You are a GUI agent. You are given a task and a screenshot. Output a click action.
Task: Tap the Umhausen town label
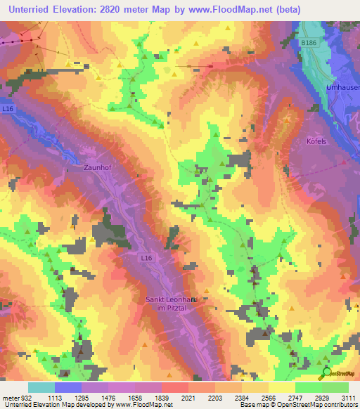pyautogui.click(x=343, y=87)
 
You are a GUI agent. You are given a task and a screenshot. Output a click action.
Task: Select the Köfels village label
pyautogui.click(x=317, y=141)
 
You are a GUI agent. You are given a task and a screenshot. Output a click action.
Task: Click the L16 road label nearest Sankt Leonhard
pyautogui.click(x=146, y=259)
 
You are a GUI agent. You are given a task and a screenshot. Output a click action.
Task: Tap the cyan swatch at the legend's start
pyautogui.click(x=41, y=387)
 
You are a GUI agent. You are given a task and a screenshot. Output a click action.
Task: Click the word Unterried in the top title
pyautogui.click(x=29, y=10)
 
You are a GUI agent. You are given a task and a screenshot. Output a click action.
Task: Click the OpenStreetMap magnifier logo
pyautogui.click(x=326, y=372)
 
